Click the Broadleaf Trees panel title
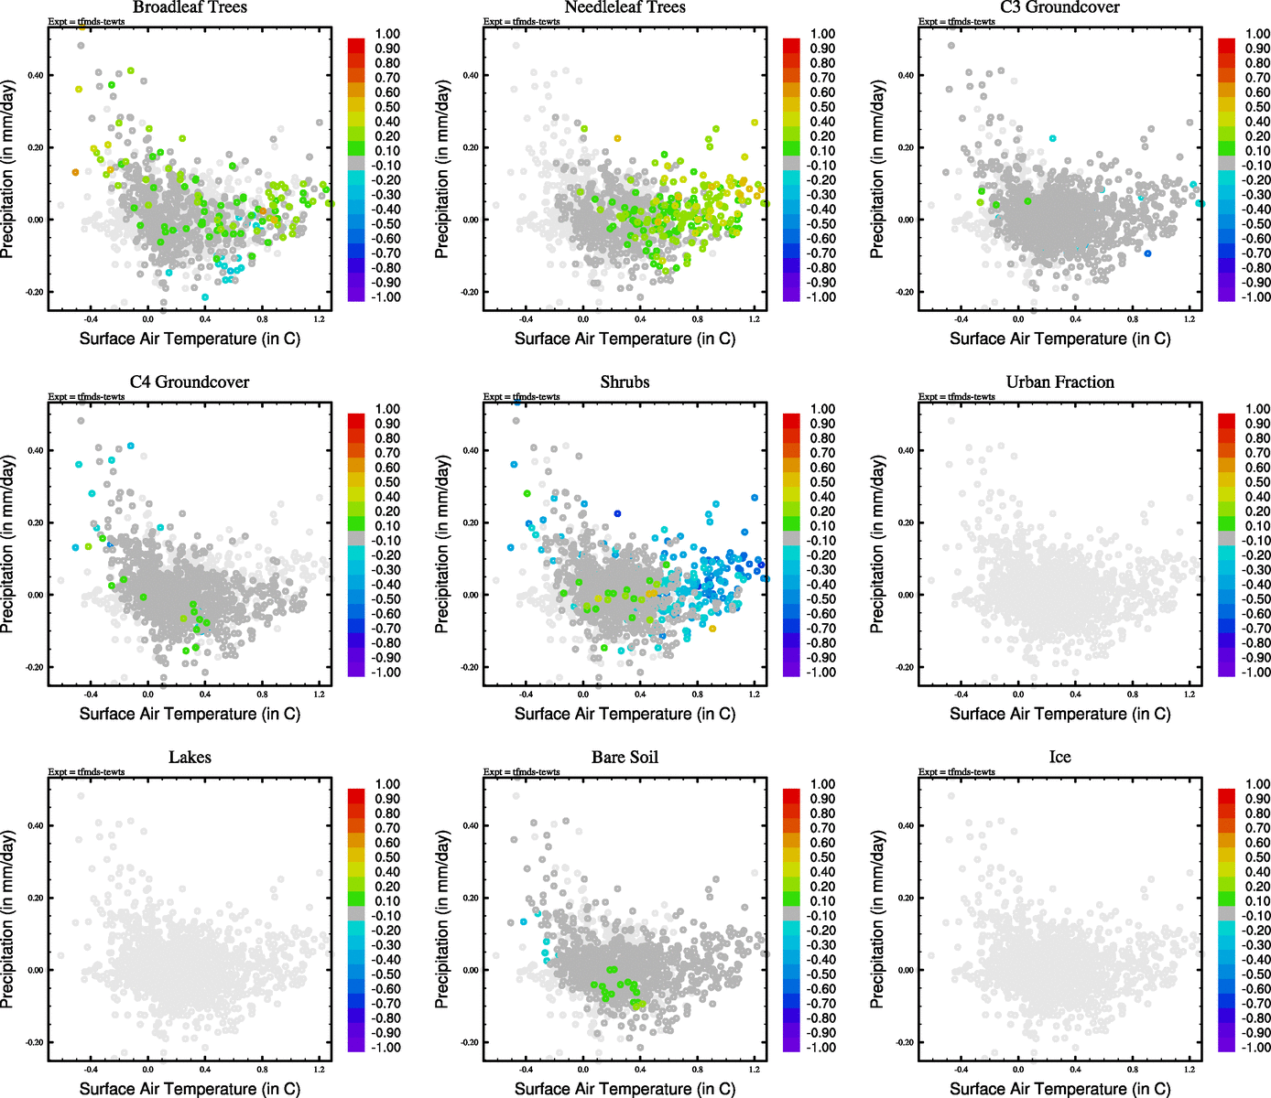[190, 7]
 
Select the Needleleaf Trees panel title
[625, 7]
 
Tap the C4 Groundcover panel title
[190, 382]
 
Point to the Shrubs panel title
[625, 382]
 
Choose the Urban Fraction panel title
[1059, 382]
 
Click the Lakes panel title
[190, 758]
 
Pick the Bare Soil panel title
[625, 758]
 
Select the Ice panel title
[1059, 758]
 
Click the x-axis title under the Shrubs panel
[625, 714]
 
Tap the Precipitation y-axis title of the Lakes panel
[8, 920]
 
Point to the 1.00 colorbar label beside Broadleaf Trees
[387, 34]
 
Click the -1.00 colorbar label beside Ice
[1255, 1048]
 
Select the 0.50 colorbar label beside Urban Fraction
[1257, 482]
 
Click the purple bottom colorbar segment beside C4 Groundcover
[356, 670]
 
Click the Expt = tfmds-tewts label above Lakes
[86, 772]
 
